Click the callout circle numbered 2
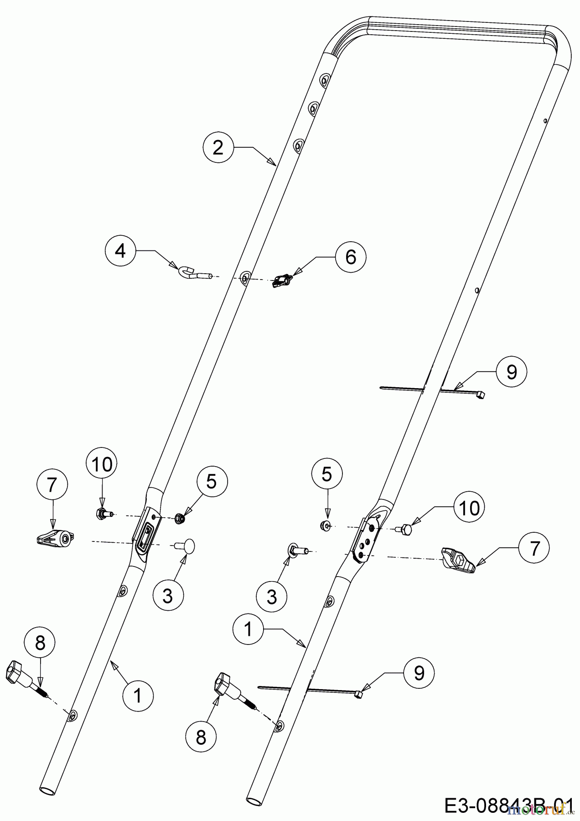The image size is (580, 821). pyautogui.click(x=218, y=147)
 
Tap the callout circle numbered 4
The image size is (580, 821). pyautogui.click(x=120, y=251)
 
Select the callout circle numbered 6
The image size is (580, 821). pyautogui.click(x=350, y=257)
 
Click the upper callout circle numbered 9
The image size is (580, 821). pyautogui.click(x=511, y=372)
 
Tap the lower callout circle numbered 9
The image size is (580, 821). pyautogui.click(x=419, y=673)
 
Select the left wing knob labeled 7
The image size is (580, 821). pyautogui.click(x=55, y=539)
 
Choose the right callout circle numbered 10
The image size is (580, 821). pyautogui.click(x=469, y=507)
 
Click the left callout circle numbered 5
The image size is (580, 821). pyautogui.click(x=212, y=481)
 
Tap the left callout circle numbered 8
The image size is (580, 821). pyautogui.click(x=40, y=643)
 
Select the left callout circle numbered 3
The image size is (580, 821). pyautogui.click(x=168, y=595)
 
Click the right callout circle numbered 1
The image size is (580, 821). pyautogui.click(x=248, y=629)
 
